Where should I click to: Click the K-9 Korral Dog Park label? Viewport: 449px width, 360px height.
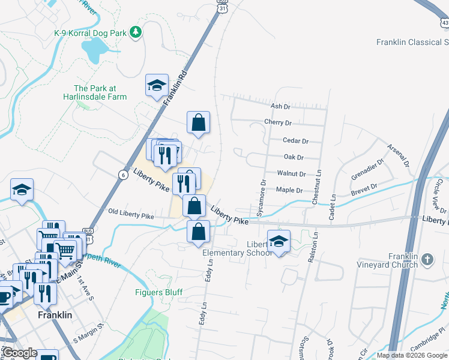(91, 32)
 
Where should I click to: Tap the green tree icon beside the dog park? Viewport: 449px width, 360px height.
(136, 32)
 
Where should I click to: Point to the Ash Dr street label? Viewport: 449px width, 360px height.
(280, 106)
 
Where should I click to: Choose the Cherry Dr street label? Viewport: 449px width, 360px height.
(277, 122)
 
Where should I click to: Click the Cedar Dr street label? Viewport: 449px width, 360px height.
(295, 141)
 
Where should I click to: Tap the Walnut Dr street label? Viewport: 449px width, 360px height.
(291, 173)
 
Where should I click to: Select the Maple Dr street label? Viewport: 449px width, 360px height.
(289, 190)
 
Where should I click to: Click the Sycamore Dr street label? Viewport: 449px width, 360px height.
(261, 197)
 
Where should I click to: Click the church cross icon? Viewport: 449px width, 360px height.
(427, 260)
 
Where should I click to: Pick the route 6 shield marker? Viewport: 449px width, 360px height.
(122, 175)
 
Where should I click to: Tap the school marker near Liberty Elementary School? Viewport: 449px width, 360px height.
(279, 241)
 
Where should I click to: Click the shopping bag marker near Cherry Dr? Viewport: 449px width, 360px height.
(198, 123)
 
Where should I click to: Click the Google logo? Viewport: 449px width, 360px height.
(20, 353)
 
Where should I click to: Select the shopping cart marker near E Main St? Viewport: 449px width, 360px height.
(65, 248)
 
